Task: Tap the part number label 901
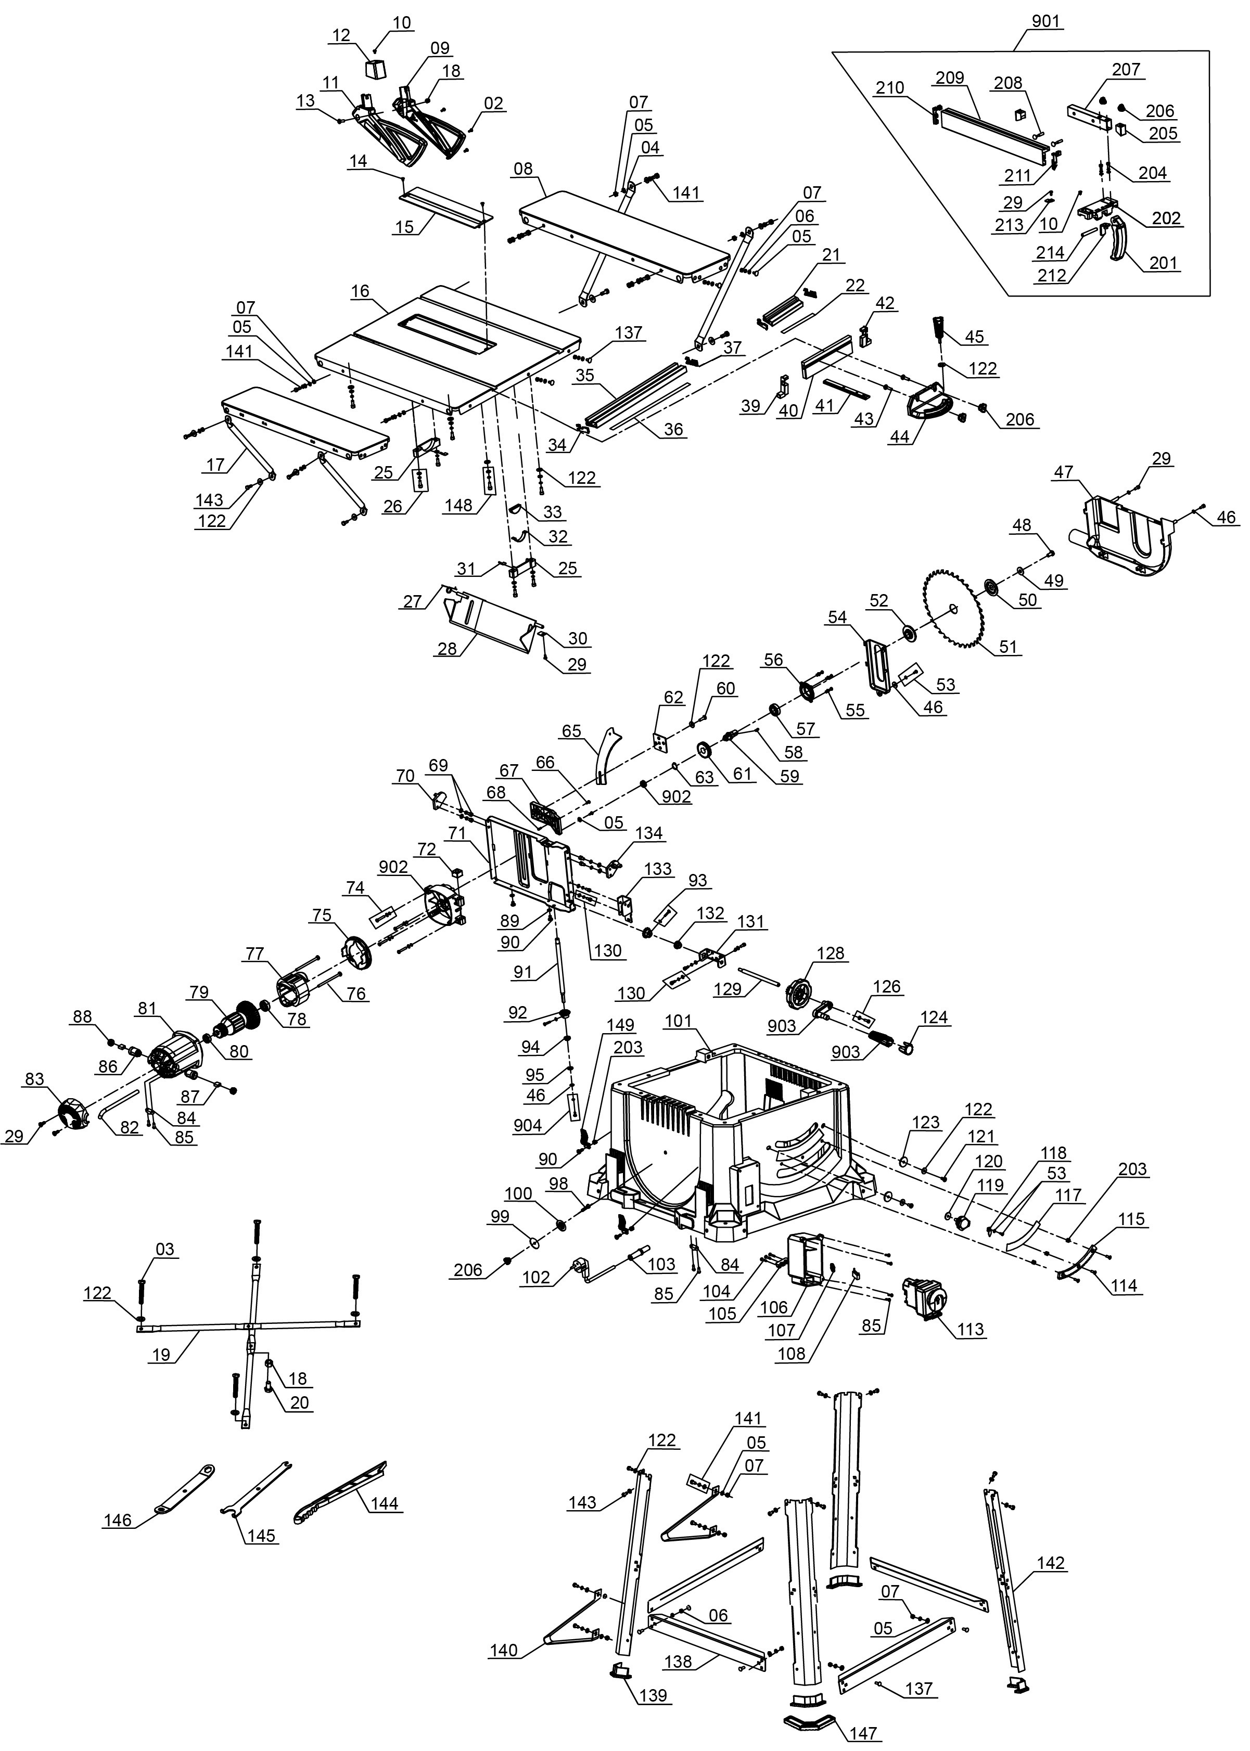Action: pyautogui.click(x=1045, y=21)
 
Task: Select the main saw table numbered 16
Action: pyautogui.click(x=447, y=346)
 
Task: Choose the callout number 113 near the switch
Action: pyautogui.click(x=971, y=1330)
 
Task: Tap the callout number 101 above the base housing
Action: pyautogui.click(x=678, y=1021)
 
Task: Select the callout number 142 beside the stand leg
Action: pyautogui.click(x=1051, y=1563)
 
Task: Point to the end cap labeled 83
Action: pyautogui.click(x=74, y=1113)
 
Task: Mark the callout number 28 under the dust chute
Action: pyautogui.click(x=447, y=649)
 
